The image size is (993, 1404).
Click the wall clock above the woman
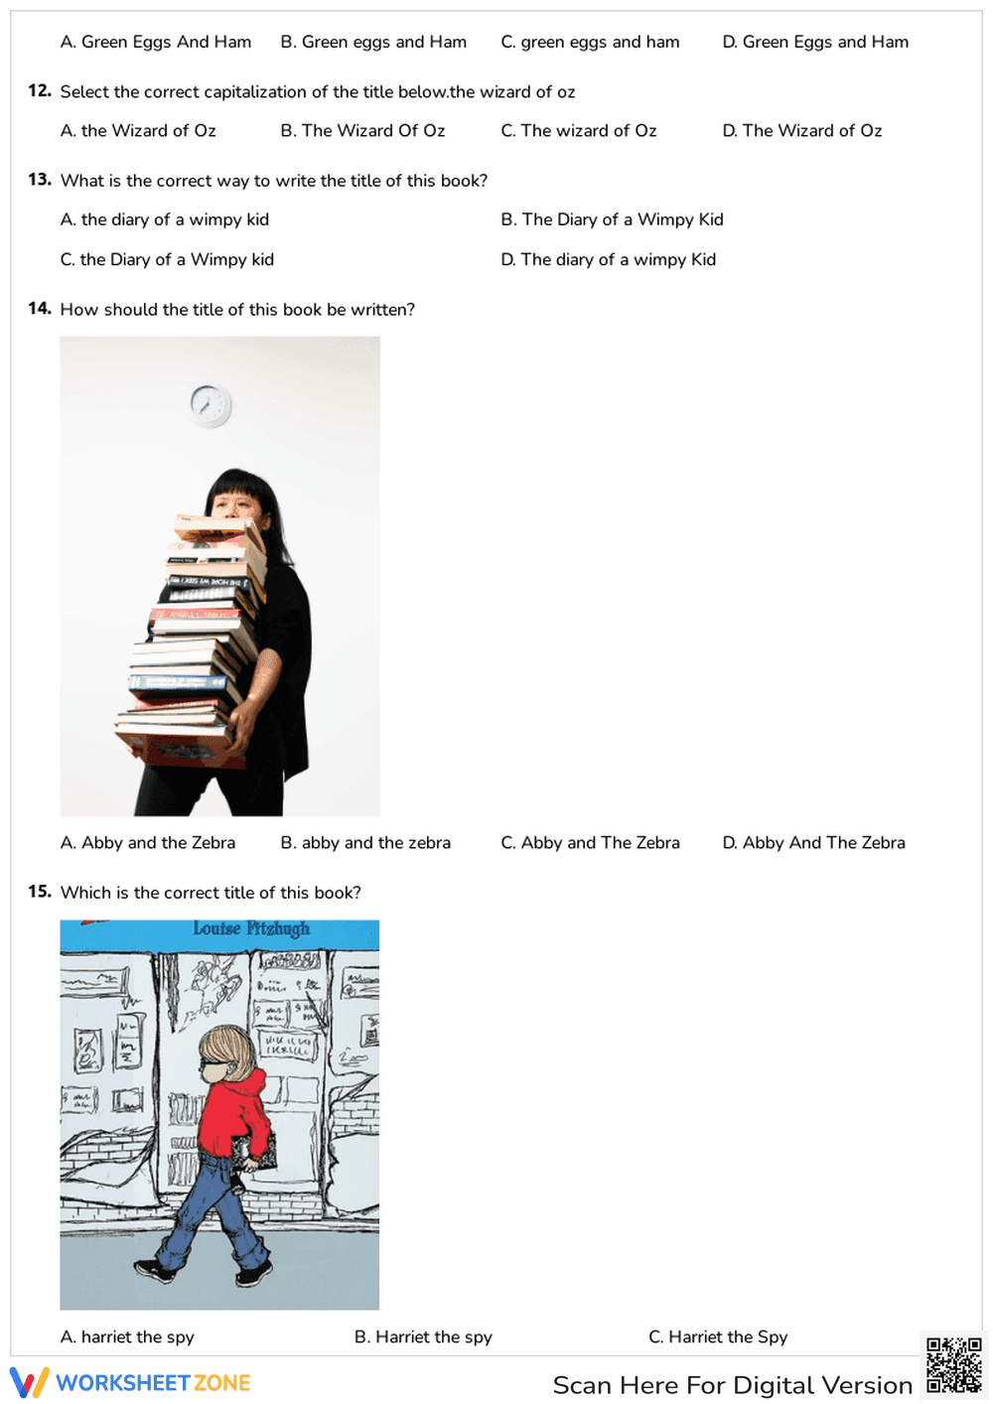tap(211, 405)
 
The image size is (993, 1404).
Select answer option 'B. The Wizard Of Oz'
tap(362, 131)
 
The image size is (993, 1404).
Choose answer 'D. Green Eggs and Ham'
tap(814, 42)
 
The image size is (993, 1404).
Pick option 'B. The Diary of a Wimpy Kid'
tap(612, 219)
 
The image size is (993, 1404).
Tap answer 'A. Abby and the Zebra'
tap(148, 843)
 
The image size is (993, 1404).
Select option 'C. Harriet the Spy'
tap(717, 1336)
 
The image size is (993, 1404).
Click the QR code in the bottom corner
tap(953, 1365)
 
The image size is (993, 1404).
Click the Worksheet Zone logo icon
tap(29, 1382)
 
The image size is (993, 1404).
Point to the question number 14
tap(40, 309)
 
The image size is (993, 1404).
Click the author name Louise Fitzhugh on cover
tap(251, 928)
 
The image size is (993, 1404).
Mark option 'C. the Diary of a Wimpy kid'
tap(167, 259)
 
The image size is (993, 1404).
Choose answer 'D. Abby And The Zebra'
tap(813, 843)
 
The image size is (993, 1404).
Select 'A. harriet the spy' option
tap(127, 1336)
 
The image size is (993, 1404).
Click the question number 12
tap(40, 91)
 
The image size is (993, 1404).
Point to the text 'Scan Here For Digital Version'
tap(732, 1385)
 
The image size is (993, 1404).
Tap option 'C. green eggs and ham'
tap(590, 42)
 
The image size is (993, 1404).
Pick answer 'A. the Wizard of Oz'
tap(138, 131)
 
